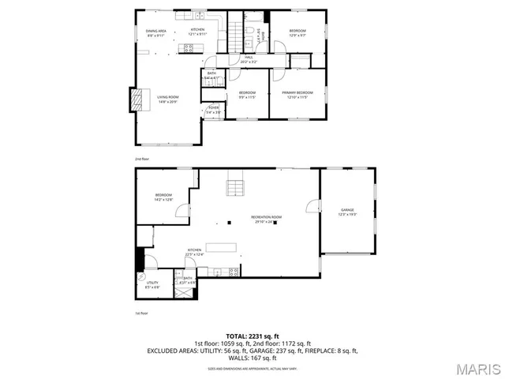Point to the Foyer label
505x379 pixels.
(x=213, y=110)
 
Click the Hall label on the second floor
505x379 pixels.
(x=248, y=58)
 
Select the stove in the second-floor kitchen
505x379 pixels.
(x=189, y=48)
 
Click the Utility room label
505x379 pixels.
(x=152, y=285)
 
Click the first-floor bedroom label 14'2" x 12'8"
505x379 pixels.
(x=163, y=197)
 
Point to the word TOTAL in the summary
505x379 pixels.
(x=236, y=335)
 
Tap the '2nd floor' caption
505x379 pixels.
(x=140, y=159)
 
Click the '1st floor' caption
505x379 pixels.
(x=140, y=313)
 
